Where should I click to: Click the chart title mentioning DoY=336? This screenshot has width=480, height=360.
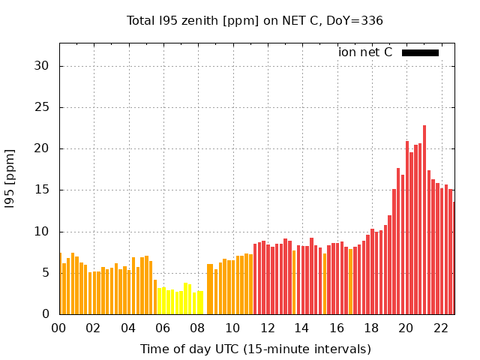pos(255,20)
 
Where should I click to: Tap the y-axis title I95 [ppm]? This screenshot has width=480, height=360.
pos(10,178)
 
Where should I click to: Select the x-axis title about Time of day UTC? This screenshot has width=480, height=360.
pos(255,349)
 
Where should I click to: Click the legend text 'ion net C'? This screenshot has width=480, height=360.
pos(365,52)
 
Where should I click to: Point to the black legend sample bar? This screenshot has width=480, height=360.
pos(420,52)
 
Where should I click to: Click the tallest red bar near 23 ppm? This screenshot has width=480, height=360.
pos(424,220)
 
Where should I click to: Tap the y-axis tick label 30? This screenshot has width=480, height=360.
pos(41,66)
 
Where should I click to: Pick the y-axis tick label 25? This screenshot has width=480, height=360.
pos(41,107)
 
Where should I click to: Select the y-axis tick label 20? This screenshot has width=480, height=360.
pos(41,148)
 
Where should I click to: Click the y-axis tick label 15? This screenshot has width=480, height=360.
pos(41,190)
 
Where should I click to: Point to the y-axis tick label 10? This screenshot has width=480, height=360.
pos(41,232)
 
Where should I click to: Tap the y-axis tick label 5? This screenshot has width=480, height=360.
pos(45,273)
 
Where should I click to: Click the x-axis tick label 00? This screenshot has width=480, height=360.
pos(58,328)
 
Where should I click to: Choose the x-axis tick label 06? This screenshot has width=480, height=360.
pos(163,328)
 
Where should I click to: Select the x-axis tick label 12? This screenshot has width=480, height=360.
pos(267,328)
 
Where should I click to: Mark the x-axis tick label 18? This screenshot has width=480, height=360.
pos(371,328)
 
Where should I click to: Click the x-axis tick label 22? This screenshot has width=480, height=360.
pos(440,328)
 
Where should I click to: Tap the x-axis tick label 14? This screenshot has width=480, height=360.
pos(301,328)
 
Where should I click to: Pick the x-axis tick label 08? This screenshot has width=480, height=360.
pos(197,328)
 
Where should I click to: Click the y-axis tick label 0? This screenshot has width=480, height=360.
pos(45,314)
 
